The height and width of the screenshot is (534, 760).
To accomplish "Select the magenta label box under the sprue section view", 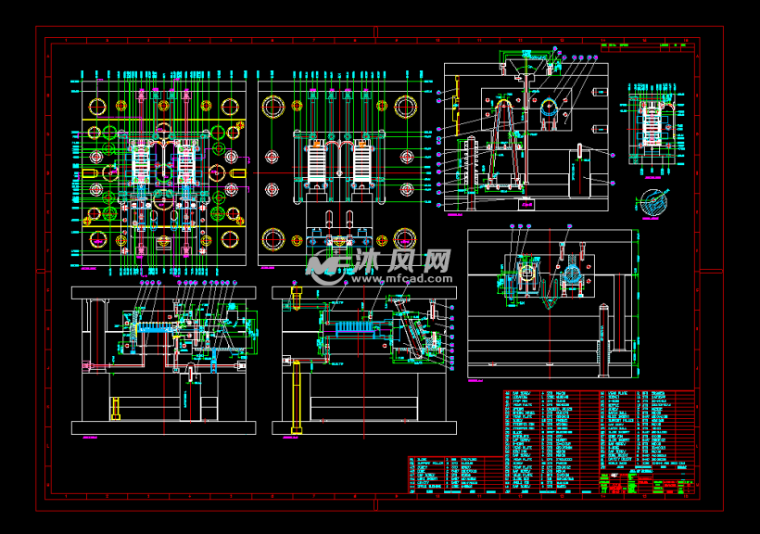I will (527, 204).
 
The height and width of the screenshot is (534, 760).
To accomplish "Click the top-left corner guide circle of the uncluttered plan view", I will (272, 106).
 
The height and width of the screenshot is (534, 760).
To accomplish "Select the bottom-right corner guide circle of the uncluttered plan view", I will (405, 239).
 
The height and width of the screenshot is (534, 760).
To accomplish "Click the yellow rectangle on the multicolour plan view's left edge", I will (91, 173).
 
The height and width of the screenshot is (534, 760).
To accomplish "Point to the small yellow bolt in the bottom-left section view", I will (116, 408).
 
